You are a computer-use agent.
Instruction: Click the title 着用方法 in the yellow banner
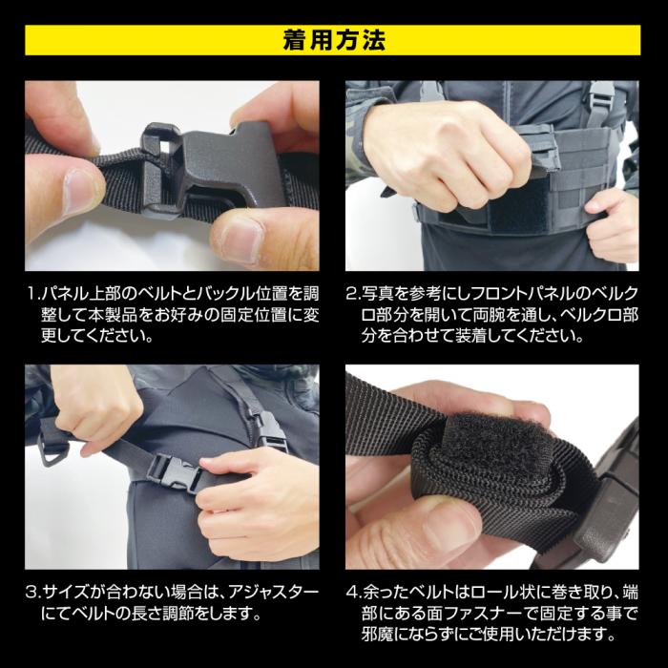pos(333,40)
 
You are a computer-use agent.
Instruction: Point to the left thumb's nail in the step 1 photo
pos(79,181)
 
